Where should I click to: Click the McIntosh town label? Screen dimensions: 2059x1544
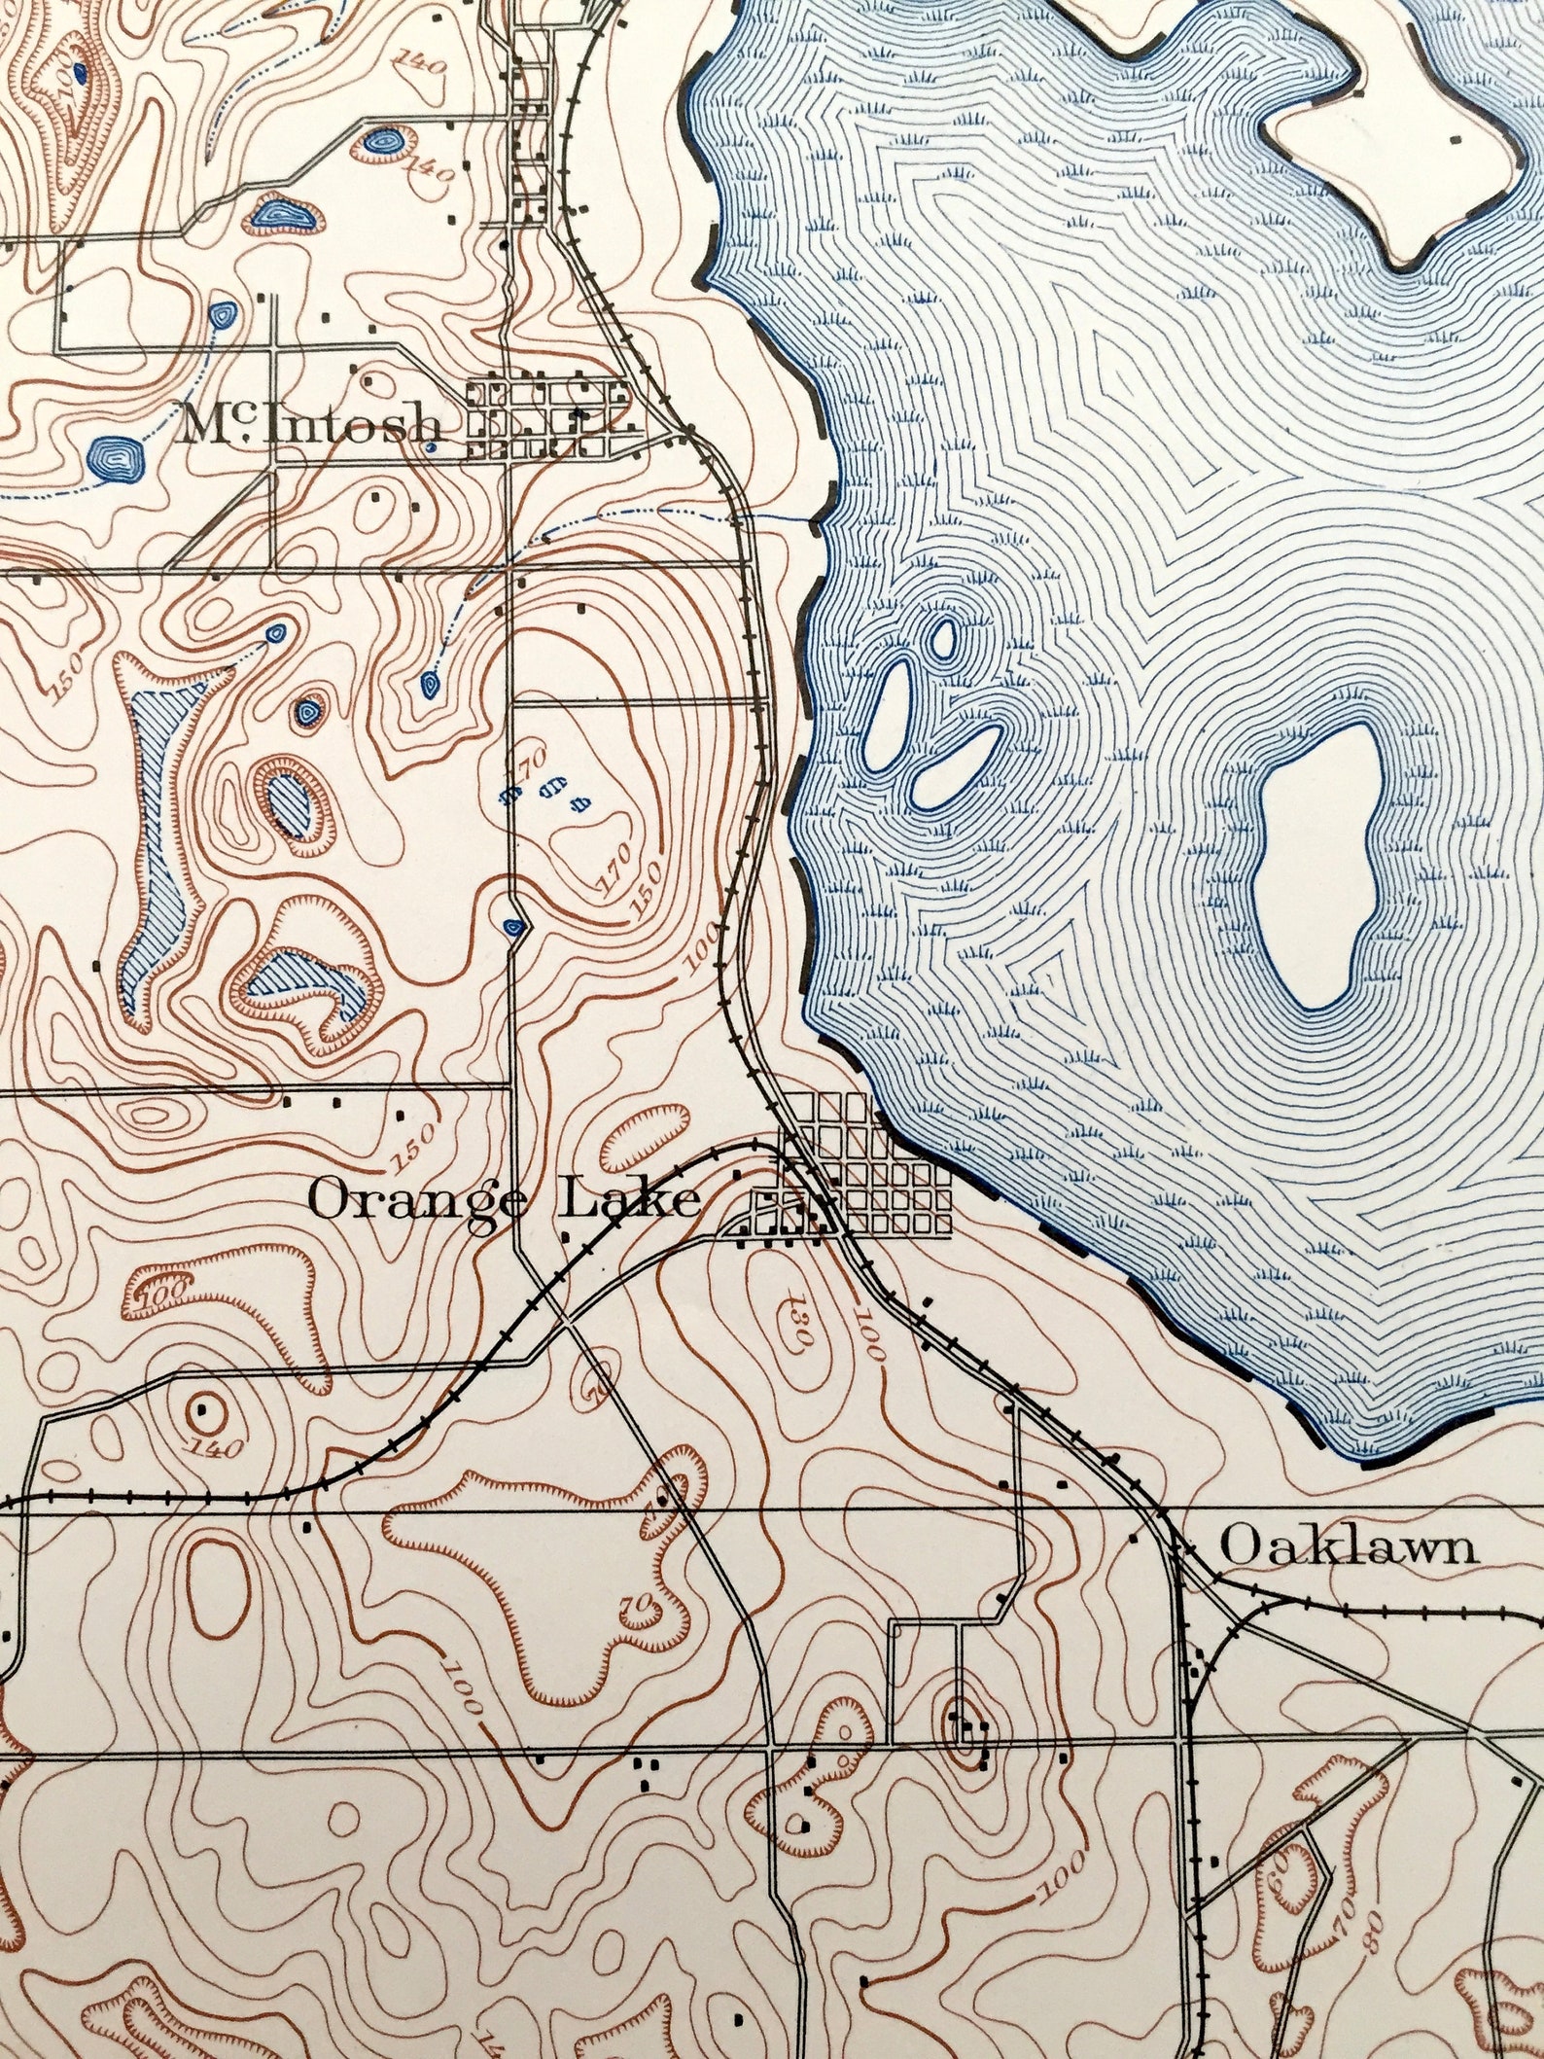coord(309,425)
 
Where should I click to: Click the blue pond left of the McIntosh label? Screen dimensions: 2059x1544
coord(116,456)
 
